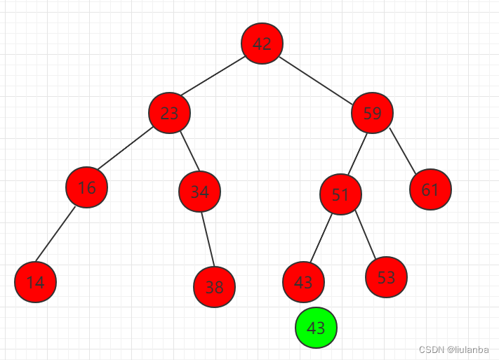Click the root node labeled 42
pyautogui.click(x=262, y=44)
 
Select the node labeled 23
pyautogui.click(x=169, y=112)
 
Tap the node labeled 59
pyautogui.click(x=372, y=112)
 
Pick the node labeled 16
pyautogui.click(x=86, y=187)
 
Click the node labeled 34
pyautogui.click(x=199, y=192)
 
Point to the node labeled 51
pyautogui.click(x=340, y=194)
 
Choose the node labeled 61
pyautogui.click(x=430, y=189)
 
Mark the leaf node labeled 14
pyautogui.click(x=35, y=282)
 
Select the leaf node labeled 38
pyautogui.click(x=214, y=286)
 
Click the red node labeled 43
pyautogui.click(x=303, y=282)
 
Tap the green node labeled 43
pyautogui.click(x=316, y=328)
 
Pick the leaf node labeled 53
pyautogui.click(x=386, y=277)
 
